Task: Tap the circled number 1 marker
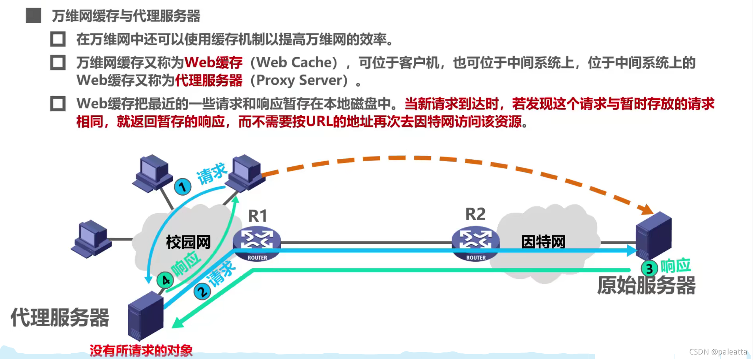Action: (182, 187)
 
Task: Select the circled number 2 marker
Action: (202, 292)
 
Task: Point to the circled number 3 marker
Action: (649, 269)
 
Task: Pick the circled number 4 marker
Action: (165, 280)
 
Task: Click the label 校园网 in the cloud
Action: (188, 242)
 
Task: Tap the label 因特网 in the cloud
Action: (543, 241)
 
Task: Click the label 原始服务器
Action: (646, 285)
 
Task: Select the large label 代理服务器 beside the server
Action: (60, 317)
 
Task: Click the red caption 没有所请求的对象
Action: (141, 351)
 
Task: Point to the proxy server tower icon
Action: (146, 315)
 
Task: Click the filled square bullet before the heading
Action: (34, 16)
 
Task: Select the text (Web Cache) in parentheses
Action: (294, 62)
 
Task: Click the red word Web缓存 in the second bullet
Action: (213, 62)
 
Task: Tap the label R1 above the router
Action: (258, 216)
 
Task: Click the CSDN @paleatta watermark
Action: (717, 352)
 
